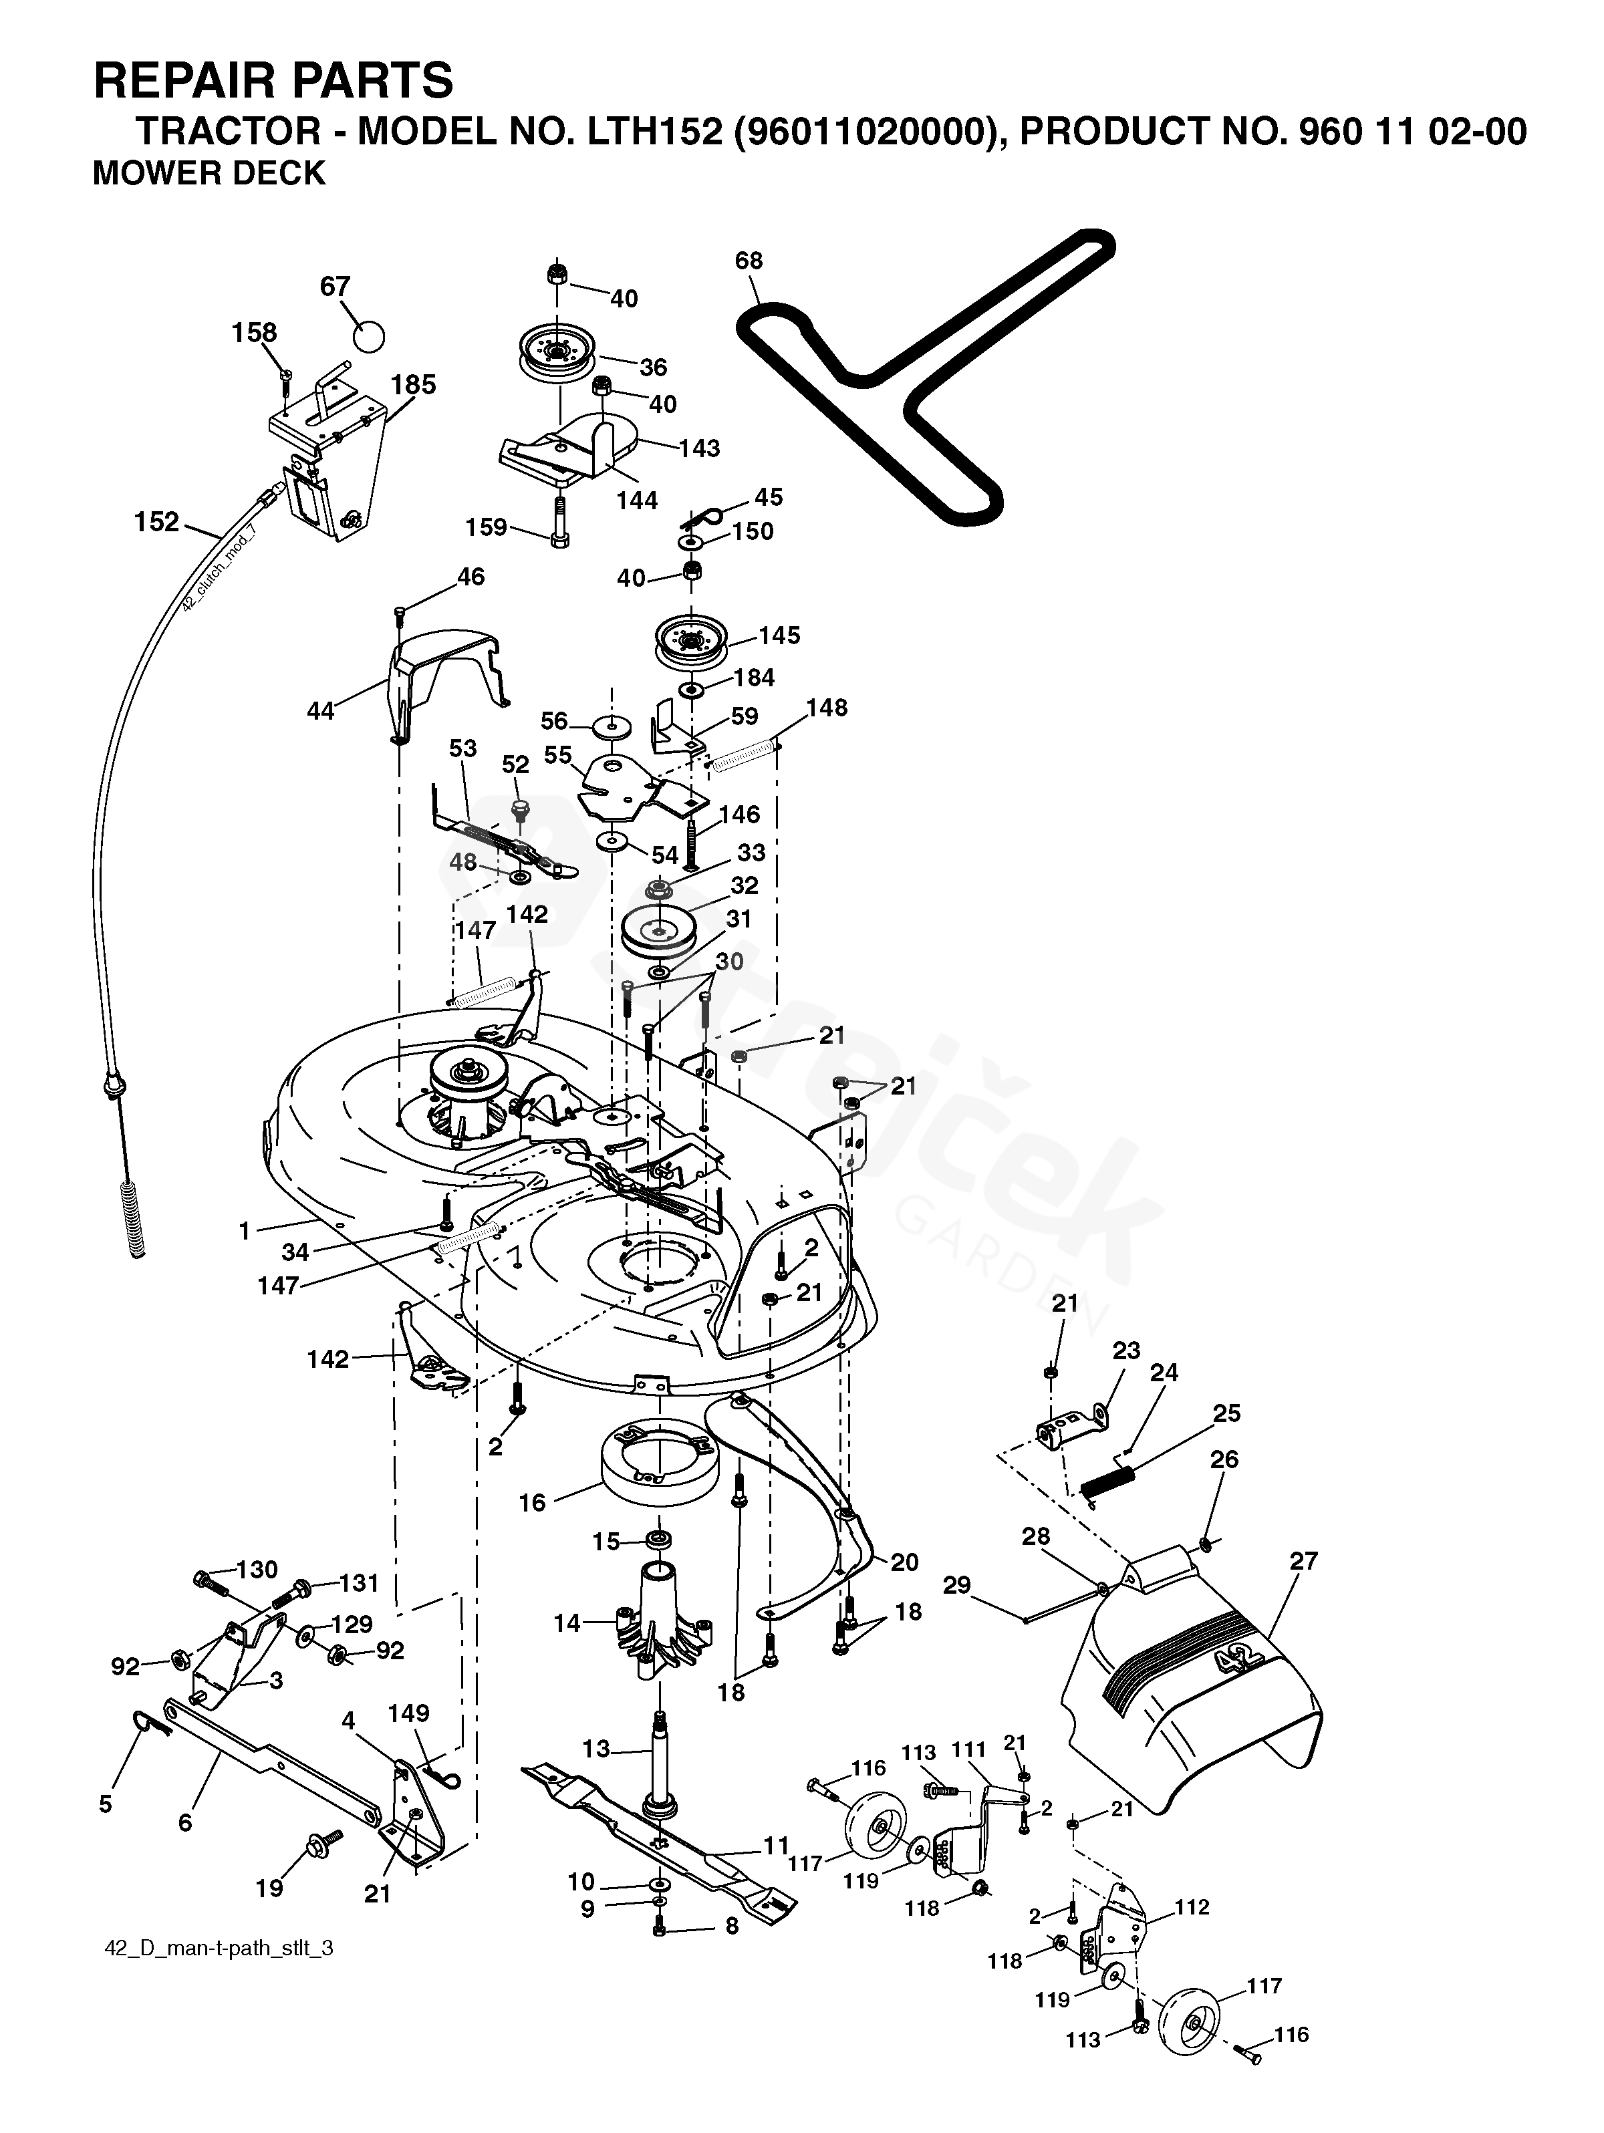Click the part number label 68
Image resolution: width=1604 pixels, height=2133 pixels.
(x=749, y=261)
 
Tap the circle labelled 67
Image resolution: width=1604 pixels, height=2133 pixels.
(x=368, y=335)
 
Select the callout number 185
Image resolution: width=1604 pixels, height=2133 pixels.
(x=413, y=385)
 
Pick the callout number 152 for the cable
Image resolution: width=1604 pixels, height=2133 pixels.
(x=156, y=522)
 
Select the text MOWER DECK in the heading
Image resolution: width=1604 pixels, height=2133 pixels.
(x=209, y=174)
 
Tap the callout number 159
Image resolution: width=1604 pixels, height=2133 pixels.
(x=485, y=527)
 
